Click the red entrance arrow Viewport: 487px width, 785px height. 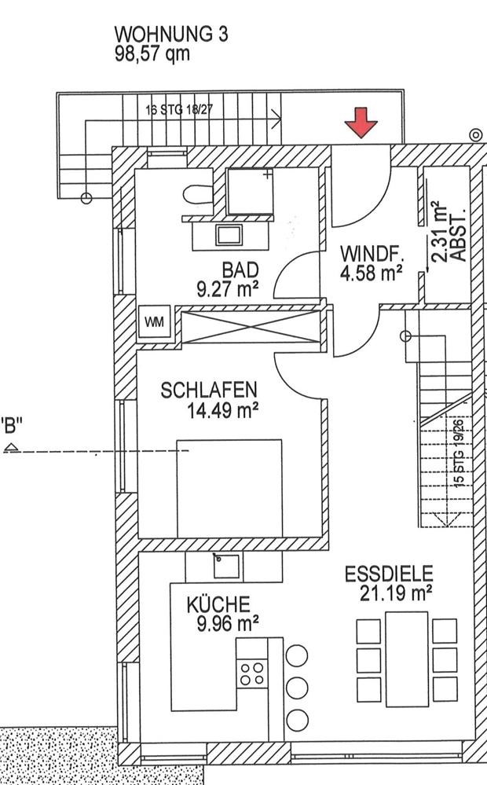[x=361, y=122]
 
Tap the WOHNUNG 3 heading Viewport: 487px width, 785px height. [x=171, y=35]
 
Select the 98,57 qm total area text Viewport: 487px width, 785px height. [x=152, y=53]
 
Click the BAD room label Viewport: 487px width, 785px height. [x=240, y=270]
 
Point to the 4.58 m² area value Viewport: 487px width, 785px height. [x=372, y=273]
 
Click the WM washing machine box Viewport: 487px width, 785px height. [x=154, y=321]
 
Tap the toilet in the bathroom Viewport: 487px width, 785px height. [x=198, y=194]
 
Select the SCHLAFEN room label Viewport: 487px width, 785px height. [x=209, y=390]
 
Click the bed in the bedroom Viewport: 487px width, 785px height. [x=229, y=489]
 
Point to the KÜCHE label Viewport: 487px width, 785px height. [x=218, y=605]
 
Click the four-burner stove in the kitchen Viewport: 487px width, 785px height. [x=252, y=673]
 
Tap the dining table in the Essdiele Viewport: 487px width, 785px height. [x=407, y=659]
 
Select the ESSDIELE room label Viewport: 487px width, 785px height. [x=389, y=574]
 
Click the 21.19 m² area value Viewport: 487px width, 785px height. [x=396, y=593]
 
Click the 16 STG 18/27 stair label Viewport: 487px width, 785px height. [x=179, y=110]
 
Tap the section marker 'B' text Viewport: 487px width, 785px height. [x=12, y=426]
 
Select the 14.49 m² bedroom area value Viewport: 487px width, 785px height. [x=222, y=411]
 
